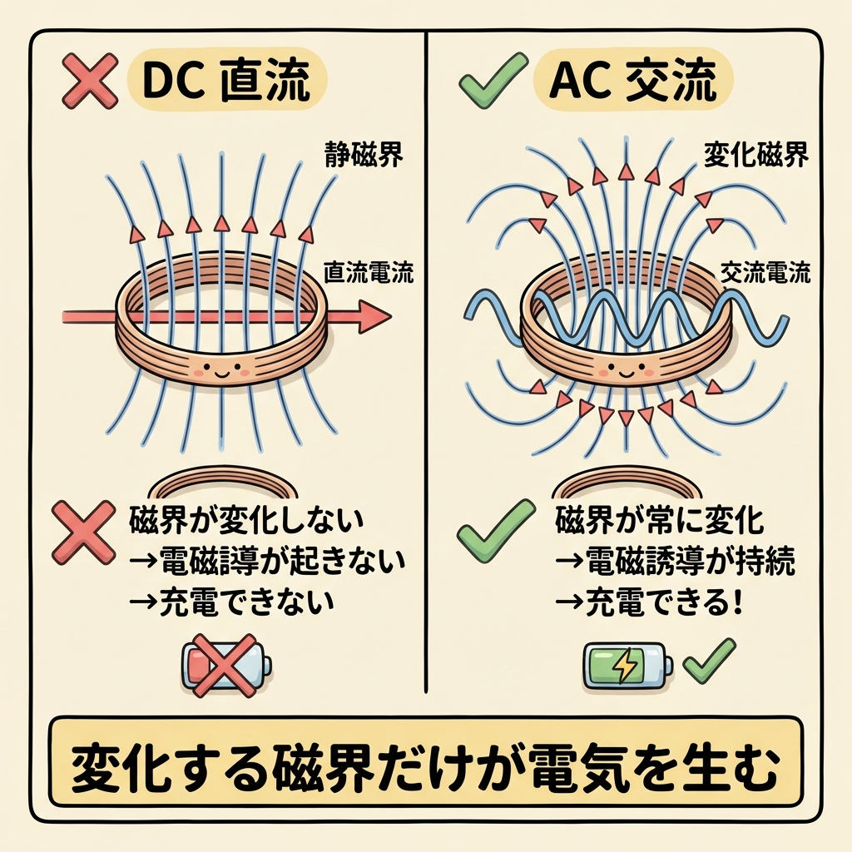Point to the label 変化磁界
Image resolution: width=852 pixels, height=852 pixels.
pyautogui.click(x=755, y=155)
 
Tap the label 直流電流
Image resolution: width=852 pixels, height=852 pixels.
pyautogui.click(x=367, y=273)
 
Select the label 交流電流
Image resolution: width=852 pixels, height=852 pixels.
pyautogui.click(x=763, y=272)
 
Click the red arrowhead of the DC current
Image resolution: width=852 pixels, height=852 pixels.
pyautogui.click(x=374, y=316)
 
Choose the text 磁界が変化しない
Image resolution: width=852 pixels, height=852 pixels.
pyautogui.click(x=246, y=522)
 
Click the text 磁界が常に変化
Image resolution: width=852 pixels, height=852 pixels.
pyautogui.click(x=659, y=522)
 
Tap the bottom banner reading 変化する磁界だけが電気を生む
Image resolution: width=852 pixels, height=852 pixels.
pyautogui.click(x=425, y=761)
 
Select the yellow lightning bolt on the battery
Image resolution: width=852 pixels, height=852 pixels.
pyautogui.click(x=624, y=666)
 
